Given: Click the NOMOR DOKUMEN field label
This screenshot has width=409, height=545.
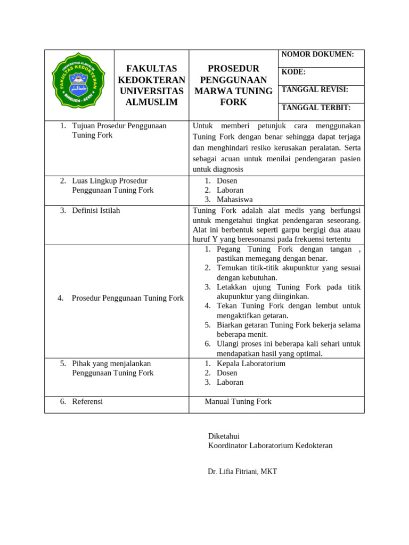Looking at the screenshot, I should (x=317, y=54).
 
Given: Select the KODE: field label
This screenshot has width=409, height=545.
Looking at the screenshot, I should (x=293, y=72).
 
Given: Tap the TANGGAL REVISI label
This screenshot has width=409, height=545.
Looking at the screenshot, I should (x=315, y=90).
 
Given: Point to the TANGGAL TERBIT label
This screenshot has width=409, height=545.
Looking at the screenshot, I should (x=316, y=108).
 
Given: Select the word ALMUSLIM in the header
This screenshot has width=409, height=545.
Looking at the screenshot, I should (x=151, y=102).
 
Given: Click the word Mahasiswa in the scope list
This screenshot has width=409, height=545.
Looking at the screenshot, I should (x=235, y=200).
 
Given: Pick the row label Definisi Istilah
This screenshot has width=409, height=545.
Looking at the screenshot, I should (x=96, y=211).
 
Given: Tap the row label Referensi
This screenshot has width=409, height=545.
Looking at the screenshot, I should (x=87, y=402).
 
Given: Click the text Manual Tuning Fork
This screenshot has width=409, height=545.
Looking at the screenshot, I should (x=238, y=402).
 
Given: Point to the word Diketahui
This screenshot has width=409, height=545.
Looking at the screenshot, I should (x=224, y=436).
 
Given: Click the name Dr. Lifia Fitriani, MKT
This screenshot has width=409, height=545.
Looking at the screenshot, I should (x=242, y=472).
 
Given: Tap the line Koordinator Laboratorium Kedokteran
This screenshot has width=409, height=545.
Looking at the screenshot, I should (x=270, y=445).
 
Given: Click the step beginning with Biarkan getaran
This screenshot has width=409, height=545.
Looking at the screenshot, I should (x=288, y=325).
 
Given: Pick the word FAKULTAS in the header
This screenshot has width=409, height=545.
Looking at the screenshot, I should (x=151, y=69).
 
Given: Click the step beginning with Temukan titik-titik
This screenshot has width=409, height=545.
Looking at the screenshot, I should (x=288, y=268).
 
